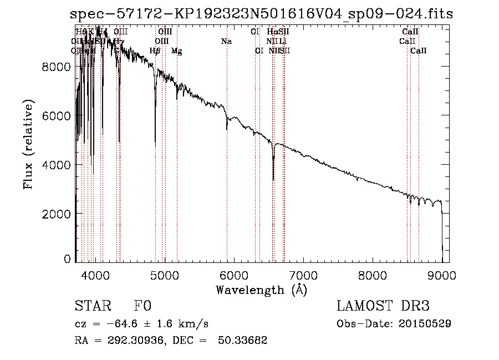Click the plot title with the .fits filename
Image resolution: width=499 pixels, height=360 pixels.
click(x=262, y=14)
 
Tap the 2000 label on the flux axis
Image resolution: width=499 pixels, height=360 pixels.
click(x=57, y=214)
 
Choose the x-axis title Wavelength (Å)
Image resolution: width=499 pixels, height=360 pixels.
click(x=261, y=290)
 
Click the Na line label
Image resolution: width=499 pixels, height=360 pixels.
click(x=226, y=42)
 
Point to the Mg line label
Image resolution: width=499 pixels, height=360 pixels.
click(x=176, y=51)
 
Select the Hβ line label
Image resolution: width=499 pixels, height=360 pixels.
click(x=155, y=51)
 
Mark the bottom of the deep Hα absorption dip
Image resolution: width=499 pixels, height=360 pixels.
click(x=273, y=179)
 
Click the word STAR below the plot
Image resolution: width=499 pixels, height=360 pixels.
click(x=92, y=307)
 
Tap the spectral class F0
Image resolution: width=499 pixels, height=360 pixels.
click(x=142, y=307)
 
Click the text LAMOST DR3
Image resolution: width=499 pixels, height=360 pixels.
click(x=383, y=307)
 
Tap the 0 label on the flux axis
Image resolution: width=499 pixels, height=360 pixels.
click(x=68, y=259)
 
